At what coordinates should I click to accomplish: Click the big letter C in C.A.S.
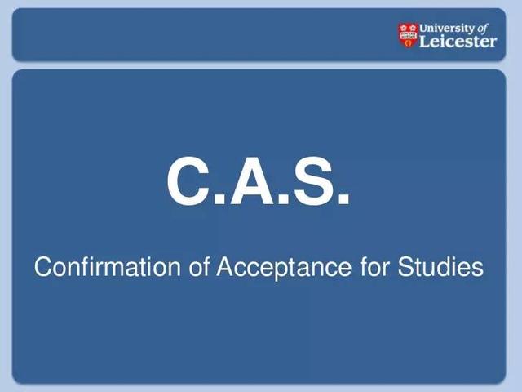(x=189, y=180)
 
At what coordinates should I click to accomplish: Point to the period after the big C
(x=219, y=199)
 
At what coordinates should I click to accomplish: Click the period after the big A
(x=283, y=199)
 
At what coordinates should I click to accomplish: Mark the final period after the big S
(x=343, y=199)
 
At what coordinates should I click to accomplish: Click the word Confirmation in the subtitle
(x=107, y=267)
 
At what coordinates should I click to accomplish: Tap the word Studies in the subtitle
(x=440, y=267)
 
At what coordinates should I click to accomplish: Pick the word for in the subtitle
(x=374, y=267)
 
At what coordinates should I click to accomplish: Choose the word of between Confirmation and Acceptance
(x=199, y=267)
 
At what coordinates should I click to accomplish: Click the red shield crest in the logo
(x=408, y=35)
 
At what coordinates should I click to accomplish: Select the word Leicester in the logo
(x=458, y=42)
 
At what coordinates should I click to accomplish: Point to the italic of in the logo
(x=483, y=29)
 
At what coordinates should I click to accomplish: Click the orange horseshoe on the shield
(x=408, y=42)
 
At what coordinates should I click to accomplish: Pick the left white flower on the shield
(x=404, y=28)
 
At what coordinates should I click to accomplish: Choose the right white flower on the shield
(x=413, y=28)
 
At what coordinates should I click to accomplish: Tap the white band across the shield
(x=408, y=35)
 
